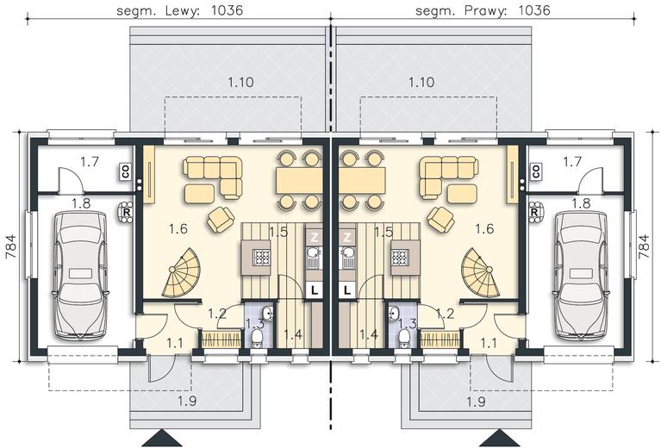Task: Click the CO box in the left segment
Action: (x=126, y=171)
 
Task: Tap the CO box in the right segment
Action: (x=536, y=171)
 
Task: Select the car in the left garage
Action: (x=80, y=276)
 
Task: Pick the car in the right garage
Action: (x=581, y=276)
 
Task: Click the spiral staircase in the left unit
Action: (x=183, y=273)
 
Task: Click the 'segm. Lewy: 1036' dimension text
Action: (x=179, y=10)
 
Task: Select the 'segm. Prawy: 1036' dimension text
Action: (x=483, y=10)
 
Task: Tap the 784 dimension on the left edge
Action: (x=11, y=246)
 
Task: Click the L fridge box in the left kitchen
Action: (x=314, y=290)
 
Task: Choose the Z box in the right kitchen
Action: (x=347, y=237)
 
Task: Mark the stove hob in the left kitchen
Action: (x=261, y=258)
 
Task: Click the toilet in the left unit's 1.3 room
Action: (x=257, y=338)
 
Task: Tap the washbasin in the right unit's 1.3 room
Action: (x=394, y=314)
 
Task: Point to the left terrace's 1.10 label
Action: (x=240, y=82)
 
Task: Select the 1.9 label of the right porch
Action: (x=476, y=401)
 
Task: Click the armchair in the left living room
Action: (x=221, y=219)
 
